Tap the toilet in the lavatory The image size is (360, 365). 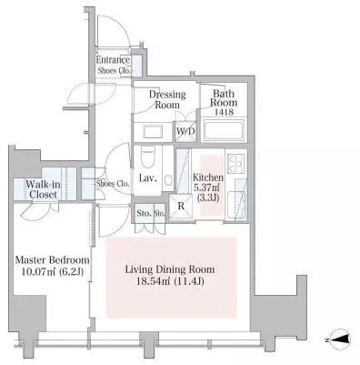pos(148,157)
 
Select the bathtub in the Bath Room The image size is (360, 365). pos(224,130)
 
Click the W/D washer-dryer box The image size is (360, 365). pos(185,131)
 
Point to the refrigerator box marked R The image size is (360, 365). pos(181,207)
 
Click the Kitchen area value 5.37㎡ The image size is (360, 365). pos(208,188)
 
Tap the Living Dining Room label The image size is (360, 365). pos(170,269)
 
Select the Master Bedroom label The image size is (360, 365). pos(52,260)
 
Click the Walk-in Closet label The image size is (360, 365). pos(43,189)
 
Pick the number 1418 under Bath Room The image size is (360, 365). pos(224,112)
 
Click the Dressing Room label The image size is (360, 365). pos(167,99)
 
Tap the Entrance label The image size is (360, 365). pos(113,60)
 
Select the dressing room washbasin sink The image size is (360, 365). pos(154,132)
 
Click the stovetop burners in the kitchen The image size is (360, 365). pos(235,164)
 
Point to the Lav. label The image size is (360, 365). pos(148,178)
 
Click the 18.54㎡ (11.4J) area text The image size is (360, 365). pos(170,281)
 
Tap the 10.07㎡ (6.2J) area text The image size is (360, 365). pos(53,271)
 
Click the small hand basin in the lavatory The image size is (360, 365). pos(168,181)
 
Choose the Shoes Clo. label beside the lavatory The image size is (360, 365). pos(113,184)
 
